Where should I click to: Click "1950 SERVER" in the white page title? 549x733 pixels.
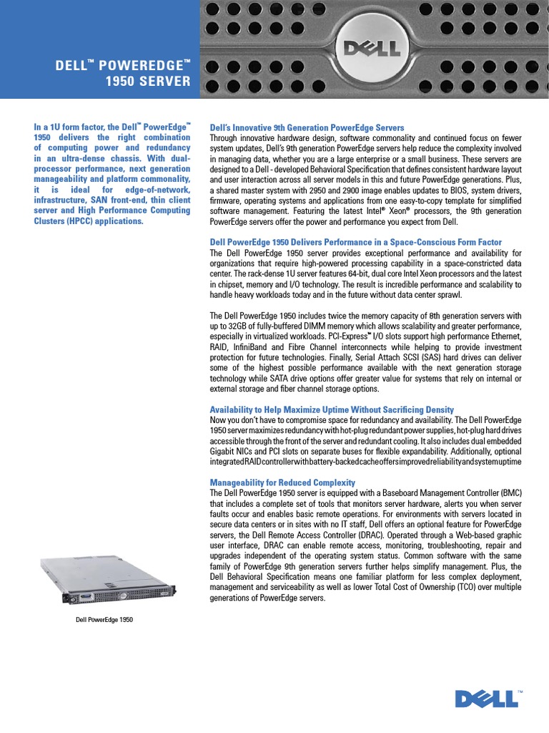(x=148, y=82)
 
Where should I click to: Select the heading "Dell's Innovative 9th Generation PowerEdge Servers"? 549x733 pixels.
(x=307, y=127)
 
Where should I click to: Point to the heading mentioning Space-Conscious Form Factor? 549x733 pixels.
(x=355, y=243)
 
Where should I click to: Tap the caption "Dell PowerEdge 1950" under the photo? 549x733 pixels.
(x=104, y=620)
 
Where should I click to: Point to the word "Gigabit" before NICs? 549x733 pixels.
(x=223, y=452)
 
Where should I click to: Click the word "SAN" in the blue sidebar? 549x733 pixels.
(x=91, y=200)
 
